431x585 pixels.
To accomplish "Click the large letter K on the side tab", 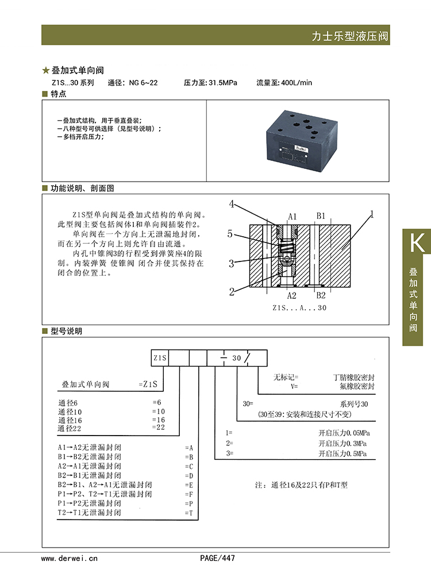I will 416,243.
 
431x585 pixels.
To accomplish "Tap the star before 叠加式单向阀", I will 46,71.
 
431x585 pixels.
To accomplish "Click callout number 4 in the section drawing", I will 232,204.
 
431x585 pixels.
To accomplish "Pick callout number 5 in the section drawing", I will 230,234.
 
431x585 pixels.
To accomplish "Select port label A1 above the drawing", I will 292,216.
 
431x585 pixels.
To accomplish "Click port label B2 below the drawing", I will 321,295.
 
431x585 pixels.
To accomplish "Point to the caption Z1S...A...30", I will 299,308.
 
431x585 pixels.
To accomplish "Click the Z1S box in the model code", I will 160,358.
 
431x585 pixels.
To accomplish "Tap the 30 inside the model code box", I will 237,358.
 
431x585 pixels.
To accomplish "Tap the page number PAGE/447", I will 217,558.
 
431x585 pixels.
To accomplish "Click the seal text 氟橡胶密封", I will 354,387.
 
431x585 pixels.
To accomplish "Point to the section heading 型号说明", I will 67,331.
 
